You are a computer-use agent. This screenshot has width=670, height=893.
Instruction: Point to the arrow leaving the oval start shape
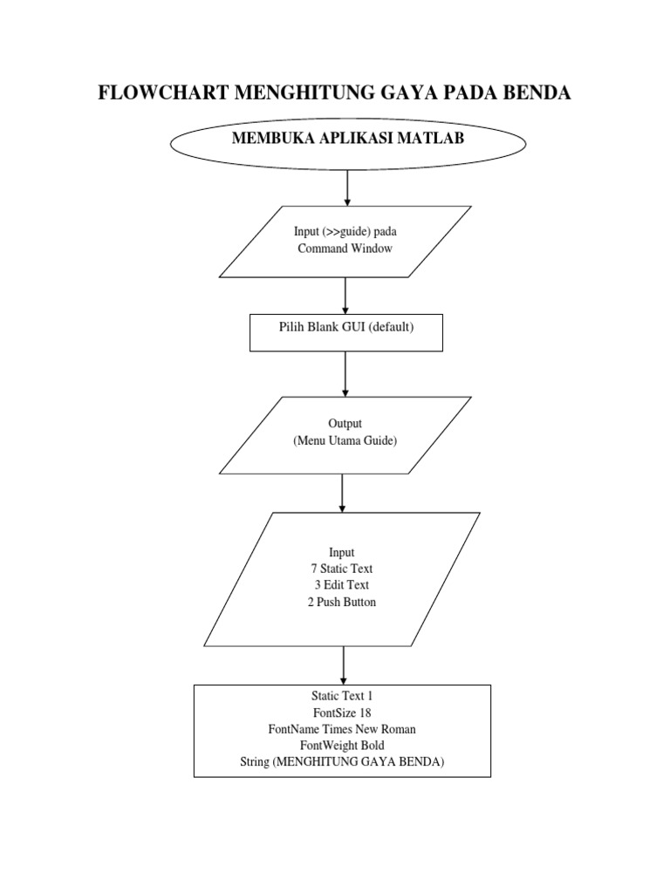click(347, 188)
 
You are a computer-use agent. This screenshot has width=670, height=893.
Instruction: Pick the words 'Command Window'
click(345, 249)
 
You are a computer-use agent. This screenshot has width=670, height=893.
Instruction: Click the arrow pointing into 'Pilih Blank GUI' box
click(345, 296)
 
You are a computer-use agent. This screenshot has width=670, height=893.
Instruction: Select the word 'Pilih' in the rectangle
click(291, 327)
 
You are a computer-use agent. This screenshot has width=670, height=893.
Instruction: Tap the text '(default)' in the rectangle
click(391, 327)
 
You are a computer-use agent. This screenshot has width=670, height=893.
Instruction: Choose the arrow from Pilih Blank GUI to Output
click(345, 374)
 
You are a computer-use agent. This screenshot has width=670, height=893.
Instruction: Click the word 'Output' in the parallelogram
click(345, 423)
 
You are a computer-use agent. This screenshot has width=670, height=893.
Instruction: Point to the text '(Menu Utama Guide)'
click(345, 440)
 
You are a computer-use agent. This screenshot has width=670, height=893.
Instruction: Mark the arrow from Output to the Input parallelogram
click(342, 494)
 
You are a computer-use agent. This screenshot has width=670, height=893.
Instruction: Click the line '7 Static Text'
click(342, 569)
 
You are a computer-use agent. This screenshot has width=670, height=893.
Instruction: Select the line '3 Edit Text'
click(342, 585)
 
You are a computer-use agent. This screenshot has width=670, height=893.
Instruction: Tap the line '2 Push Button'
click(342, 602)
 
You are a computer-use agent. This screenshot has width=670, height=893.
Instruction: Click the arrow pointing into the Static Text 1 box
click(344, 665)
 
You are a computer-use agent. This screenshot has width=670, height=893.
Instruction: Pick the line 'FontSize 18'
click(342, 712)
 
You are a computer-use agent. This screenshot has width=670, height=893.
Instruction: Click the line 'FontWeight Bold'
click(342, 746)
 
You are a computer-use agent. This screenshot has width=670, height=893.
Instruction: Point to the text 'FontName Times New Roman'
click(342, 729)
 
